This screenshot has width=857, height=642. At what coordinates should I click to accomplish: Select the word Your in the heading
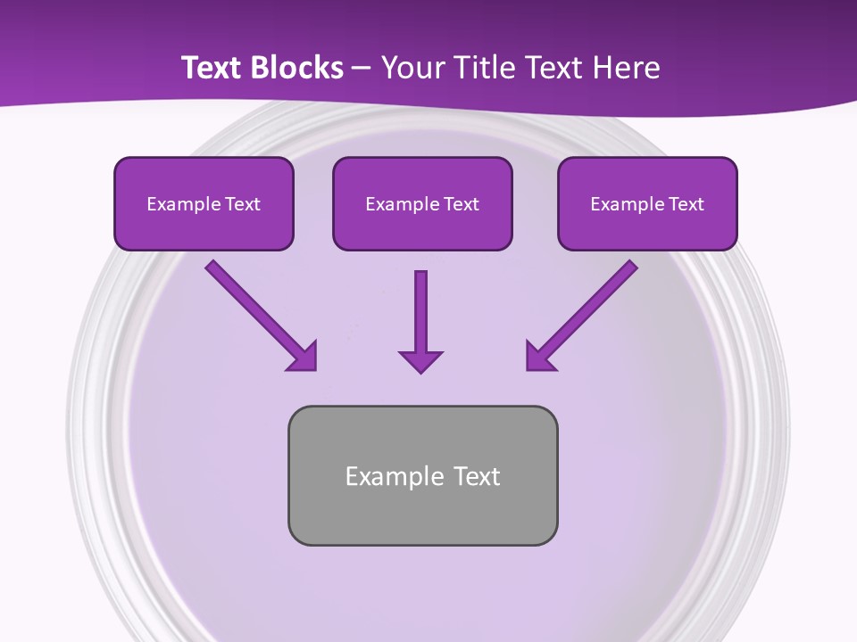(409, 68)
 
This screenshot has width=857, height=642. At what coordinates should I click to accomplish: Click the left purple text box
(204, 203)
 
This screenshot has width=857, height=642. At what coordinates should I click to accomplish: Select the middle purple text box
(422, 203)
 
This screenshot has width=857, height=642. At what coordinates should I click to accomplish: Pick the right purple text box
(647, 203)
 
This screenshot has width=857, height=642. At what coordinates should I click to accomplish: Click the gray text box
(422, 475)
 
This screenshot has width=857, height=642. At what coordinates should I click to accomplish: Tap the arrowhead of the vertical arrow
(420, 360)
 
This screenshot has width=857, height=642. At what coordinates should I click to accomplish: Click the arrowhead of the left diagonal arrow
(304, 357)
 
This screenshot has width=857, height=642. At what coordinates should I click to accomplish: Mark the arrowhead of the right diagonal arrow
(539, 357)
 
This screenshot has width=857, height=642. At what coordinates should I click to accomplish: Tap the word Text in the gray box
(478, 476)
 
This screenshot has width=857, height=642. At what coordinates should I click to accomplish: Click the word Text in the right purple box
(686, 204)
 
